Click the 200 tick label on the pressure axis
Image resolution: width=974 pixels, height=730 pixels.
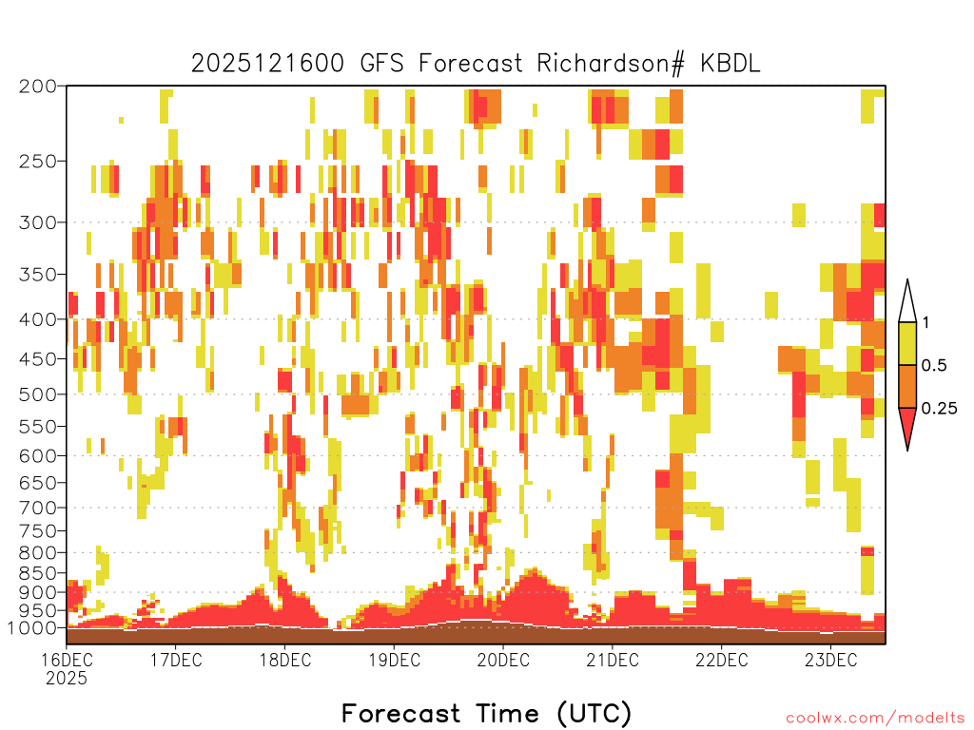[38, 86]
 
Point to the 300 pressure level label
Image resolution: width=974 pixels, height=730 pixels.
[38, 222]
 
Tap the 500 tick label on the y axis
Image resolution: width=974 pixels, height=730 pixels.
[38, 394]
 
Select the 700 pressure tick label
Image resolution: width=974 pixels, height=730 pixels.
[38, 508]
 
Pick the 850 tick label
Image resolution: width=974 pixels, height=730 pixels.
[38, 573]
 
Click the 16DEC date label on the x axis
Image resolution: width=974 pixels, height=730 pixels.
[67, 660]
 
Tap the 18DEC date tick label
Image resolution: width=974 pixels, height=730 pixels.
[285, 660]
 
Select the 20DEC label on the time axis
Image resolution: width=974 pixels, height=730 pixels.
[503, 660]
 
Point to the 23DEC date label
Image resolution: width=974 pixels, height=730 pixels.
[830, 660]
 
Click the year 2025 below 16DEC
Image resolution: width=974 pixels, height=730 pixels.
[67, 679]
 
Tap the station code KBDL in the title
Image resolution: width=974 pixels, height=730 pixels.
[730, 64]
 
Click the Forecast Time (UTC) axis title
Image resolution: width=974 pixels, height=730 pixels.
[486, 713]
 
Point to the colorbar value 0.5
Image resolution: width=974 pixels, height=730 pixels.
[934, 366]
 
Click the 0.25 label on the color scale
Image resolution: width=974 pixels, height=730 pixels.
[939, 409]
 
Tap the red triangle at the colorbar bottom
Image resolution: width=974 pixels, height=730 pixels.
[907, 426]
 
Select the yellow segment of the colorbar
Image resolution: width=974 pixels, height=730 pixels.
[907, 343]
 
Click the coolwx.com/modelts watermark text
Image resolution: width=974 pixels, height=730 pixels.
[875, 719]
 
